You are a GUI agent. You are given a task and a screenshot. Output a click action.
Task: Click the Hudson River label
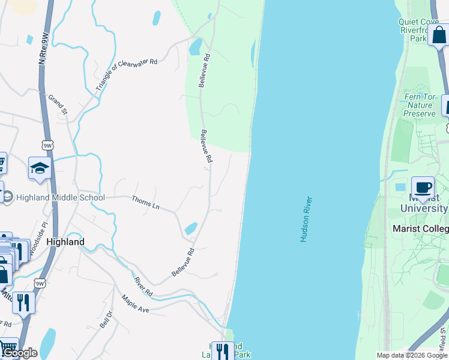click(307, 219)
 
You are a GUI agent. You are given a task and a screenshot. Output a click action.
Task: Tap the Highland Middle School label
click(60, 197)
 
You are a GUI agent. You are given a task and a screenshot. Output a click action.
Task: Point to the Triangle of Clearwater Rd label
click(126, 74)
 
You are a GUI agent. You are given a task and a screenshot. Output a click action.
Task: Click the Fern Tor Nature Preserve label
click(419, 105)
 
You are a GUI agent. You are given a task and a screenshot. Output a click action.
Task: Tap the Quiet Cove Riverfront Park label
click(418, 30)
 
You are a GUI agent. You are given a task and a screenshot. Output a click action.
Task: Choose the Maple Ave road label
click(134, 303)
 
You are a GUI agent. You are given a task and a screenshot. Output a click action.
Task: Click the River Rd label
click(143, 286)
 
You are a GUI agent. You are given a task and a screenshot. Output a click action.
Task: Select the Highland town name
click(65, 242)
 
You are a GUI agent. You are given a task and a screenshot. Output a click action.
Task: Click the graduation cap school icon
click(39, 169)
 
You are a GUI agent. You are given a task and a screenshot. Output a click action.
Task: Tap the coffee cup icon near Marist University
click(423, 187)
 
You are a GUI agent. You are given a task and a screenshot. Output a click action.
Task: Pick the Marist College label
click(420, 229)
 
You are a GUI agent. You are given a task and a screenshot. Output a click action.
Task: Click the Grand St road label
click(59, 106)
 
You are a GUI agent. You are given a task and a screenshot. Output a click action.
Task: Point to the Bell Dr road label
click(106, 319)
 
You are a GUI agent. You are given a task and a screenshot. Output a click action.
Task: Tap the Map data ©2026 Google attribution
click(412, 355)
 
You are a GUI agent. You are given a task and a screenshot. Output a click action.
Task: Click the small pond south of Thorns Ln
click(191, 229)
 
